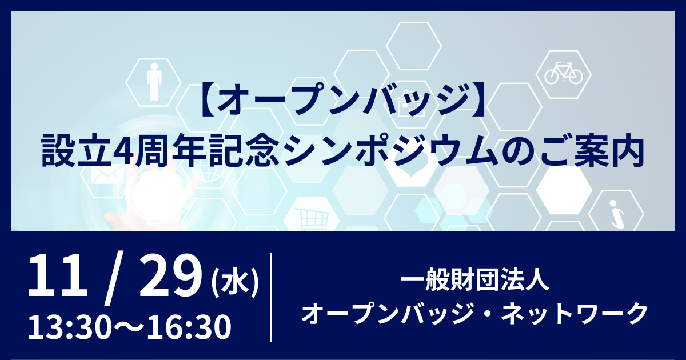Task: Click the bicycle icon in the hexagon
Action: (563, 73)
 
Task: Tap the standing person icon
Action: (154, 82)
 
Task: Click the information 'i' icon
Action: (616, 214)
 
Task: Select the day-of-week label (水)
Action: (235, 283)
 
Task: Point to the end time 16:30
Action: (189, 327)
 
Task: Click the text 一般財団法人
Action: (474, 279)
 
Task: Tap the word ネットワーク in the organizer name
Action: (574, 313)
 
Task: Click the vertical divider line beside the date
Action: (272, 297)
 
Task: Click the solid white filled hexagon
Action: (564, 190)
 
